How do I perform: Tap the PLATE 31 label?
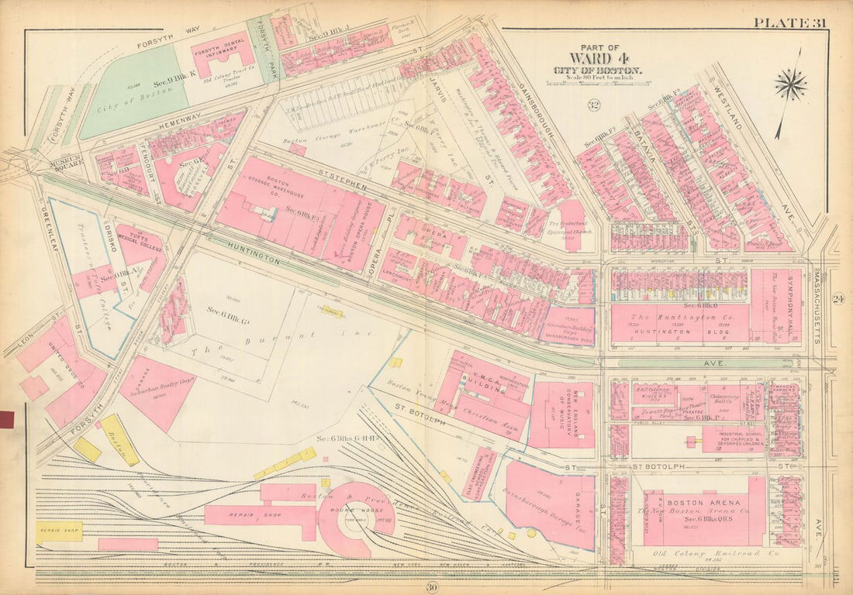(x=789, y=22)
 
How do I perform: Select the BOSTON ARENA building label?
(x=685, y=502)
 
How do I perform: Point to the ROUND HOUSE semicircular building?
(x=353, y=521)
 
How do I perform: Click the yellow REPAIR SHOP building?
(x=58, y=533)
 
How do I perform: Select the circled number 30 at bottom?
(x=432, y=587)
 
